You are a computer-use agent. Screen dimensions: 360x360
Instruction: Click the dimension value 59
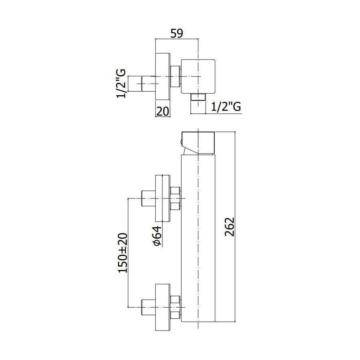coord(177,33)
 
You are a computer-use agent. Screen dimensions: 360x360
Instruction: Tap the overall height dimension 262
coord(229,227)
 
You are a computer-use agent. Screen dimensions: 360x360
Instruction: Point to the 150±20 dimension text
coord(123,253)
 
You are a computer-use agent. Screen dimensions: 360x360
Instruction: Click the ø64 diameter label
coord(157,236)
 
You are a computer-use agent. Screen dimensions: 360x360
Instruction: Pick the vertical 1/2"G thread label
coord(121,83)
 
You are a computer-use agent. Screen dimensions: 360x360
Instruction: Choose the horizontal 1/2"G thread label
coord(226,107)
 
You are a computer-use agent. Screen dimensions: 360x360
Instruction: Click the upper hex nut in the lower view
coord(175,198)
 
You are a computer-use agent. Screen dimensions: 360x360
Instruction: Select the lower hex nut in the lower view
coord(175,307)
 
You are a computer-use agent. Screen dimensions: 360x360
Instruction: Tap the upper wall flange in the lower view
coord(163,198)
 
